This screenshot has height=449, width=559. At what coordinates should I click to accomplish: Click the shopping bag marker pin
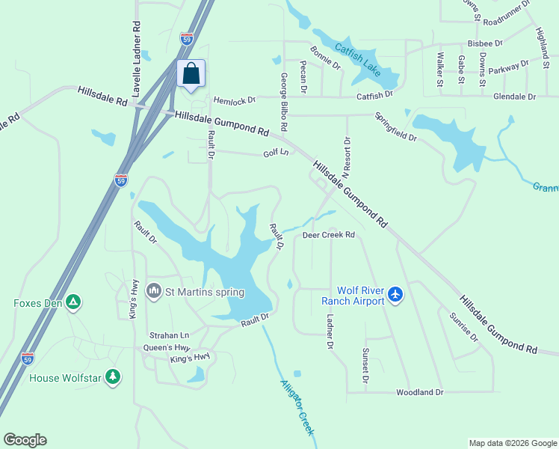[x=191, y=74]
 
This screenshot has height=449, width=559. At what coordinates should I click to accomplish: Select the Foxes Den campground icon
[x=73, y=303]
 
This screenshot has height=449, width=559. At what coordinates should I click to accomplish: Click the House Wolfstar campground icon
[x=113, y=376]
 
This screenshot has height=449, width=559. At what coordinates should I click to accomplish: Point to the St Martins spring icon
[x=155, y=290]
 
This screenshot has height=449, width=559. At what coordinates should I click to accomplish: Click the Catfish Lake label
[x=358, y=60]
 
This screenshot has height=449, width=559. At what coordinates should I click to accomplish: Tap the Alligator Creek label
[x=297, y=407]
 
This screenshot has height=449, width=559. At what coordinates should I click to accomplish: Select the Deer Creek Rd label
[x=328, y=235]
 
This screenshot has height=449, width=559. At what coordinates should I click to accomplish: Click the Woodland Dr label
[x=419, y=392]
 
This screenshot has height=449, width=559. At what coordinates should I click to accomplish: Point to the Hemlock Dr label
[x=234, y=100]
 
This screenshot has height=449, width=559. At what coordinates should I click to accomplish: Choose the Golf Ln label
[x=275, y=153]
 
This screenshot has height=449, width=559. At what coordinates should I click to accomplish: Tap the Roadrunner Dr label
[x=507, y=4]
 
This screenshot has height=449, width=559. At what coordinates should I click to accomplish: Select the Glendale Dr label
[x=514, y=97]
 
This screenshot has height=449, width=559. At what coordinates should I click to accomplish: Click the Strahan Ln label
[x=169, y=335]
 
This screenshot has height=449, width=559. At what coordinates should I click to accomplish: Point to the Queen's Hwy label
[x=168, y=348]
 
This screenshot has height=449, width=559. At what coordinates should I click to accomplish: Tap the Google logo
[x=25, y=440]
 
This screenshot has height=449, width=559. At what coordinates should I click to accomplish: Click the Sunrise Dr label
[x=463, y=326]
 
